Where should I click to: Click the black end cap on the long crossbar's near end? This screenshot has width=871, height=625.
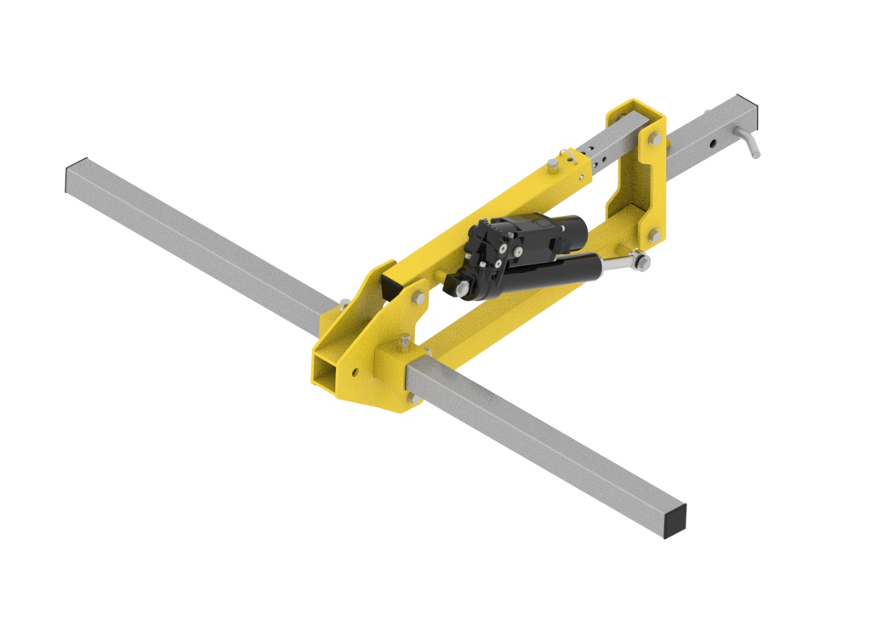coord(675,520)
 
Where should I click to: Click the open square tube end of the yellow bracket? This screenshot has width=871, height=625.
coord(327,372)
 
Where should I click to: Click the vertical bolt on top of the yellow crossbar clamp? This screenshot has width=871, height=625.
coord(404,341)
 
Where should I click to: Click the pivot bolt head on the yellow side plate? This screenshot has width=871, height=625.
coord(418,297)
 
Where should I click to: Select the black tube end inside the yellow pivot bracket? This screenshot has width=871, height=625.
coord(392,288)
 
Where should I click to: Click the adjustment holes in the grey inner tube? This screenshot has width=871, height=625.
coord(601,158)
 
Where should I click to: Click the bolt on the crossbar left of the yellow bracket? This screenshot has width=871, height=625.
coord(342,303)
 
